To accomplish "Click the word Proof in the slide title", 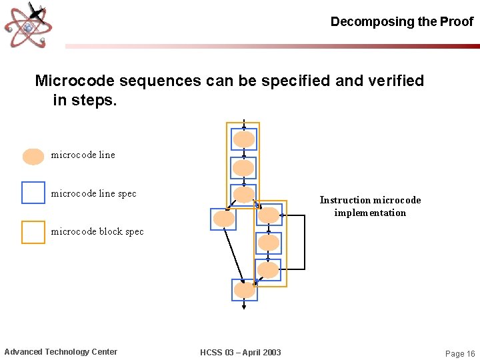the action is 457,21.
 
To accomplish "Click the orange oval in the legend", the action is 33,156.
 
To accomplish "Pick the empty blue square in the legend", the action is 33,193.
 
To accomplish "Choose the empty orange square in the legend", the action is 33,232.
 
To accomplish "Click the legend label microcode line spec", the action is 93,193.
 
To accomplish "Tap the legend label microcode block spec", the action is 97,231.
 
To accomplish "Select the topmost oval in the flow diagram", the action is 244,139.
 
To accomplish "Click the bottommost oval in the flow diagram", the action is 244,290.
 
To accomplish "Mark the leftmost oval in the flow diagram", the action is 223,219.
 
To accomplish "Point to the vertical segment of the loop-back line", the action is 304,241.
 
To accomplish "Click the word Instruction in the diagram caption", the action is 345,200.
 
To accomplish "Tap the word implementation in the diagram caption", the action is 370,213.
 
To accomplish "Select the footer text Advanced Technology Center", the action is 61,352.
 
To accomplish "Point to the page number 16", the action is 470,353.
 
